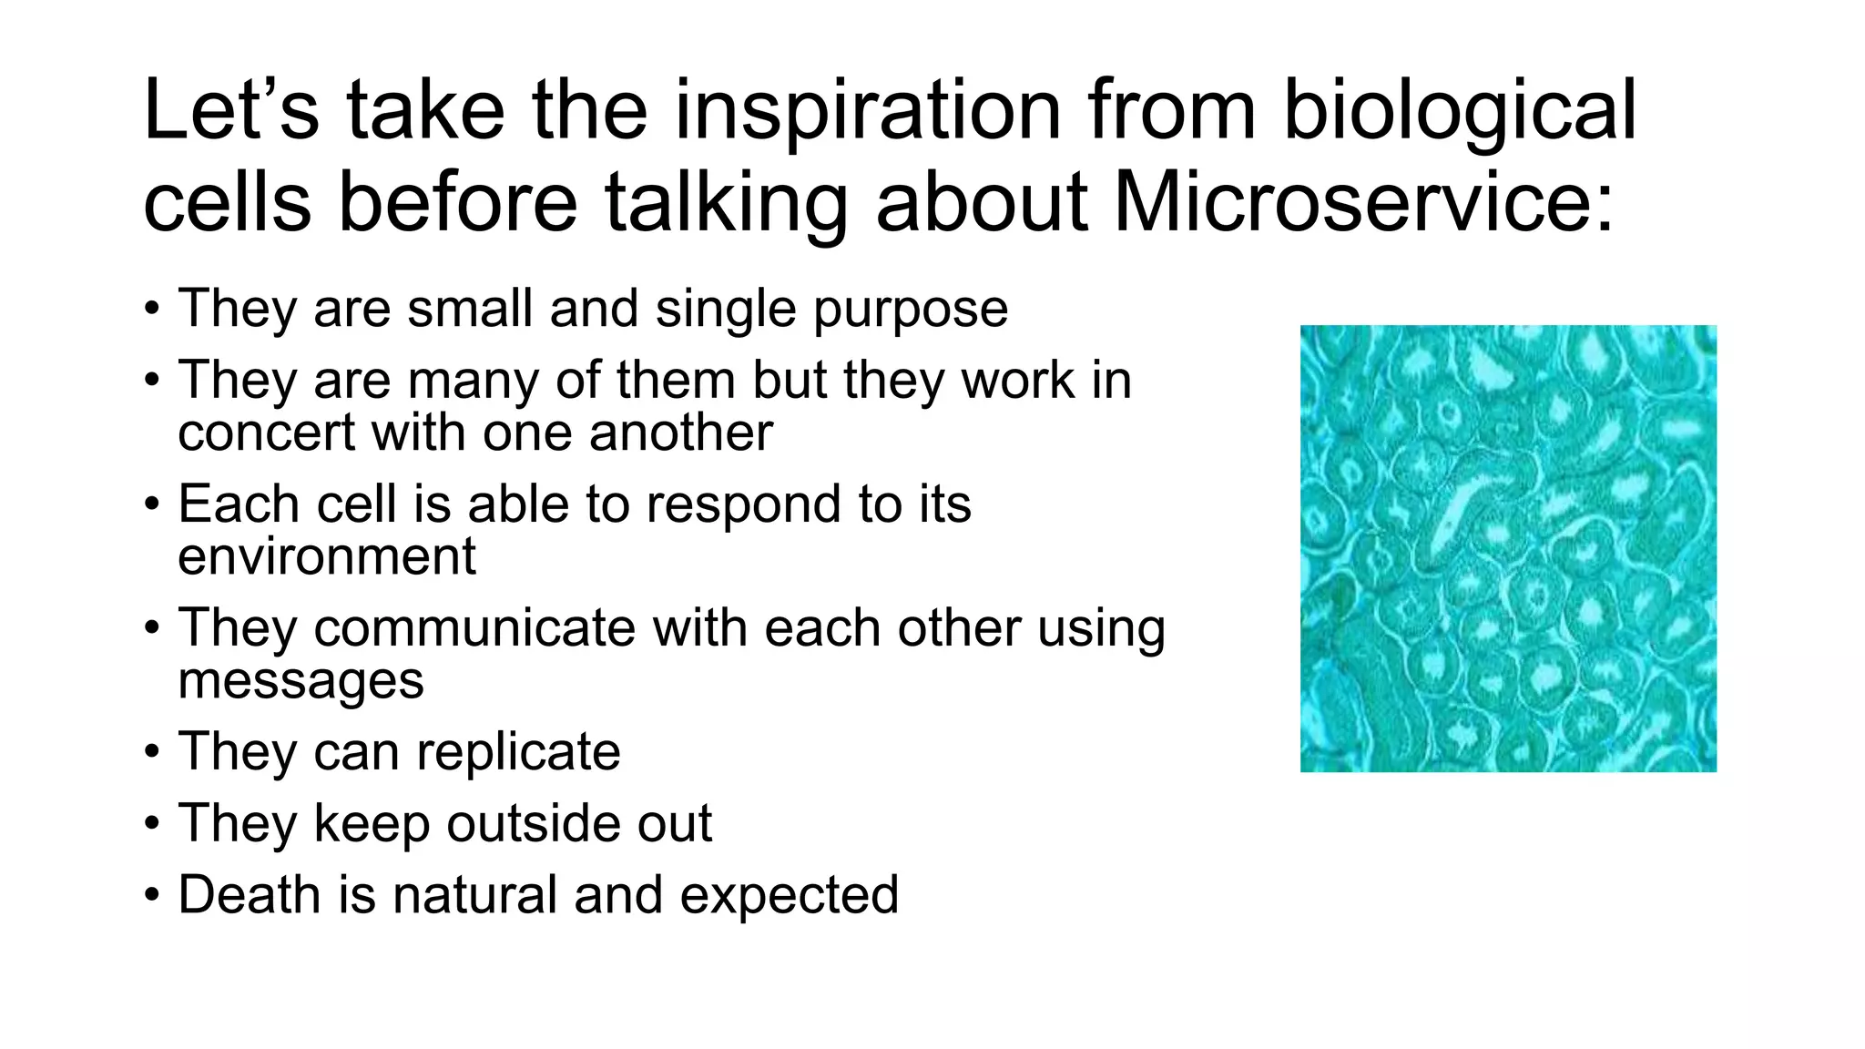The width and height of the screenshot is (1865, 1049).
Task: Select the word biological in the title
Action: (1460, 111)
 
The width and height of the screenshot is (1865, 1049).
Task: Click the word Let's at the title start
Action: (231, 111)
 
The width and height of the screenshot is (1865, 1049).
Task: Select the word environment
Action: (326, 557)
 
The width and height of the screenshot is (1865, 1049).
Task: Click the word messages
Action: (301, 681)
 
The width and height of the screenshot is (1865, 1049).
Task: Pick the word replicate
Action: (518, 753)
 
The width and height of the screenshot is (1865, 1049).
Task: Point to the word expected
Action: (789, 896)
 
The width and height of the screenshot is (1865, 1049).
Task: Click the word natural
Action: (475, 894)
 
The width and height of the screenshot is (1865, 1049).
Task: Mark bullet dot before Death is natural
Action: (152, 896)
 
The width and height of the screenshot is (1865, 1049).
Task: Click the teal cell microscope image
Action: (1508, 548)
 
